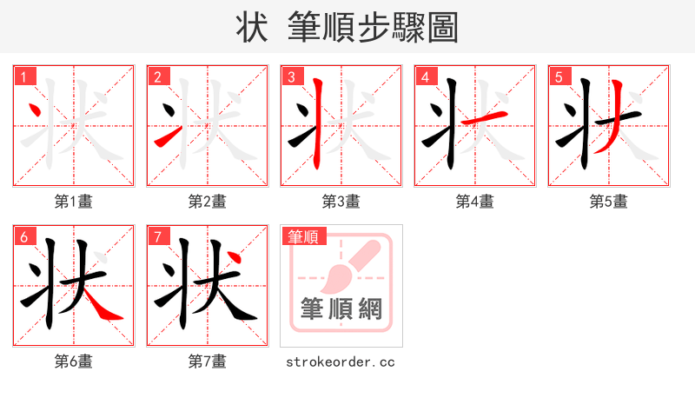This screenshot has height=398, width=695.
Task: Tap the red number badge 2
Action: (x=157, y=77)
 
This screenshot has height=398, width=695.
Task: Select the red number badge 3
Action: (x=291, y=77)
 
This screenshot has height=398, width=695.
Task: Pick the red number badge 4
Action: (x=425, y=77)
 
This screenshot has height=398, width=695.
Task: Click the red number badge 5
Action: (x=559, y=77)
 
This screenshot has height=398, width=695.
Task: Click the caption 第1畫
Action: (x=74, y=202)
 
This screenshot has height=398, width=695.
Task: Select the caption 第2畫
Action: (x=208, y=202)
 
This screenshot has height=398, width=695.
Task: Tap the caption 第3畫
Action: (x=341, y=202)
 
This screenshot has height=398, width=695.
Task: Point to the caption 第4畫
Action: (x=475, y=202)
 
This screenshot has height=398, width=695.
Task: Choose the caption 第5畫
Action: (x=609, y=202)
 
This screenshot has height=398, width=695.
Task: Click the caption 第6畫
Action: (x=74, y=362)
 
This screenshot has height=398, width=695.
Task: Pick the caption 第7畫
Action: (x=208, y=362)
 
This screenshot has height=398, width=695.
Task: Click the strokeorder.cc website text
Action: (x=341, y=362)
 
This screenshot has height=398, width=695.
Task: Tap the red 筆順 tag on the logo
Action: (x=303, y=236)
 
